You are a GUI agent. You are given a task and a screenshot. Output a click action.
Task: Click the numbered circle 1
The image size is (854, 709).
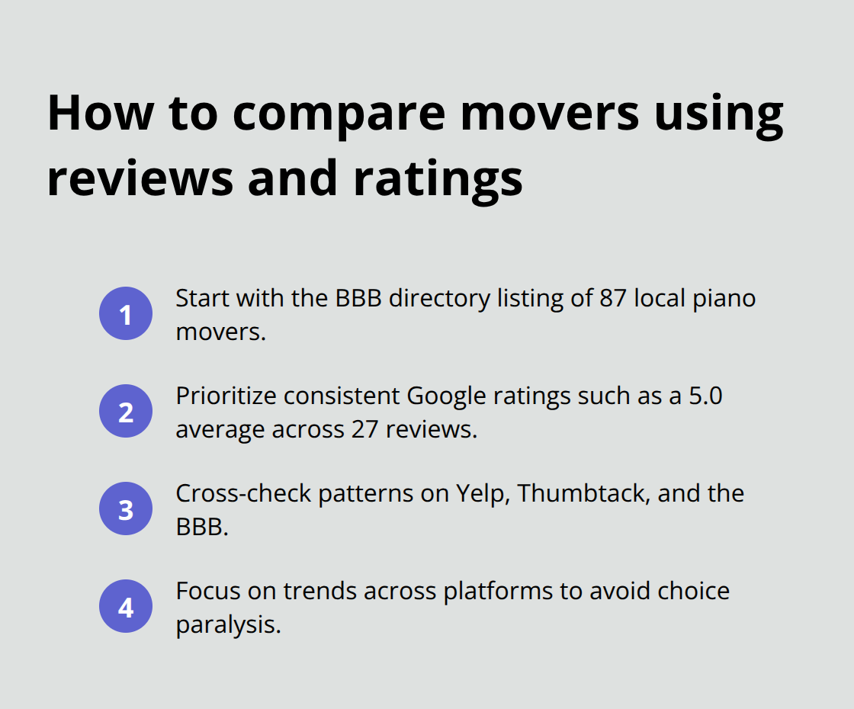click(x=126, y=313)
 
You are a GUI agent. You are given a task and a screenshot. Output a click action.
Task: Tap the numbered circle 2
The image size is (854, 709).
click(x=126, y=412)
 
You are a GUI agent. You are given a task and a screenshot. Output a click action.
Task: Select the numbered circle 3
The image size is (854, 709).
click(x=126, y=509)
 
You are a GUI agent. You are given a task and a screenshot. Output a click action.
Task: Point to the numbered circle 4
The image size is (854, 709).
click(x=126, y=608)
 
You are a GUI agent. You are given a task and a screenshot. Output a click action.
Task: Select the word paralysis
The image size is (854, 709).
click(x=226, y=624)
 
